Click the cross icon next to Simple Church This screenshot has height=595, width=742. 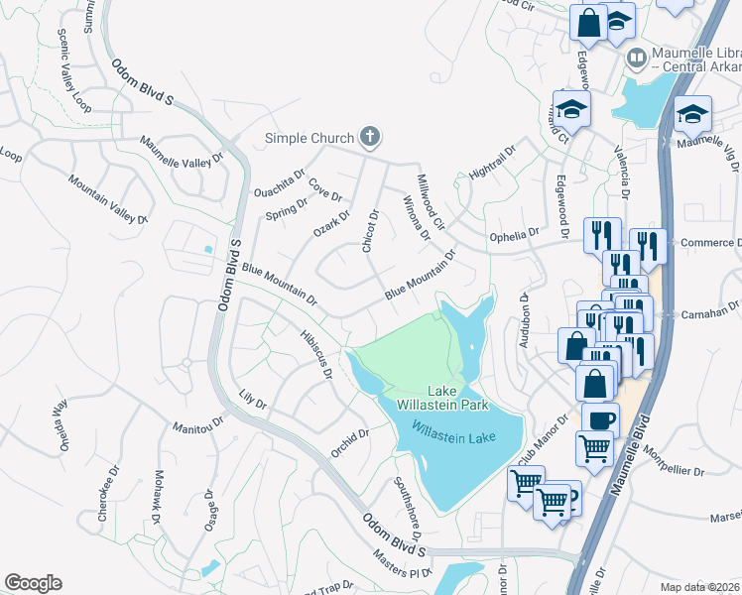[x=370, y=137]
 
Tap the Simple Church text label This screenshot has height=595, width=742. [x=309, y=138]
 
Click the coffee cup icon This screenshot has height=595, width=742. [x=599, y=417]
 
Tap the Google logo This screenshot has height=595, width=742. [x=33, y=583]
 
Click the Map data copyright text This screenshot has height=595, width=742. [x=699, y=587]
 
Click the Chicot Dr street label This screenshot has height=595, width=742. [x=373, y=231]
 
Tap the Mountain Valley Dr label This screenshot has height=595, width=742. [x=108, y=198]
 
